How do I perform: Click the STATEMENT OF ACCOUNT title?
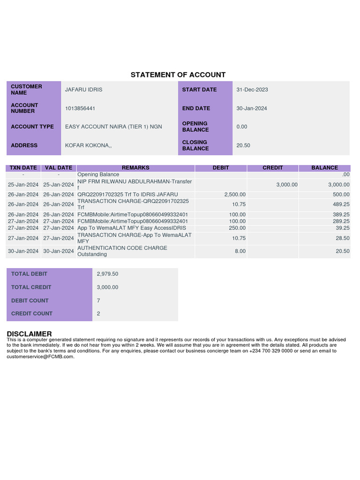pos(178,75)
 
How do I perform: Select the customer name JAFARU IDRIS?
pos(83,90)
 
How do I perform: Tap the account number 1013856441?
pos(80,108)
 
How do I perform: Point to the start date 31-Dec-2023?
pos(252,90)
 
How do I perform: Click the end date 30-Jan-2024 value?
pos(252,108)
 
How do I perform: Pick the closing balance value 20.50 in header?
pos(243,145)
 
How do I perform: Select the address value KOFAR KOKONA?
pos(88,145)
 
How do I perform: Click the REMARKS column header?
pos(135,168)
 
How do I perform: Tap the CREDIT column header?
pos(273,168)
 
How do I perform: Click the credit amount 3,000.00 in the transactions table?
pos(287,185)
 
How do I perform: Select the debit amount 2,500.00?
pos(235,195)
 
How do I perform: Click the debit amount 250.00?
pos(237,228)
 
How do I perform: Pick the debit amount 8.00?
pos(240,251)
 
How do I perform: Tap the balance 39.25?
pos(342,228)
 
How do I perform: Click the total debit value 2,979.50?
pos(107,274)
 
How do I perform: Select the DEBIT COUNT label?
pos(30,300)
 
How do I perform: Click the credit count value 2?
pos(98,314)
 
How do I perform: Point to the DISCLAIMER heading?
pos(29,334)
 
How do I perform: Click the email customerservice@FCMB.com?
pos(40,357)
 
